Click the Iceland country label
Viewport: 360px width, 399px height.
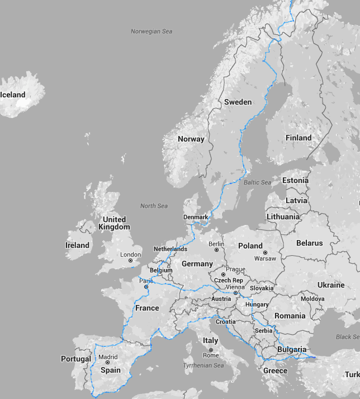tap(13, 95)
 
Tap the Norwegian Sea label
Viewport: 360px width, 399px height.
tap(151, 31)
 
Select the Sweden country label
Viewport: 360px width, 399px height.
tap(238, 102)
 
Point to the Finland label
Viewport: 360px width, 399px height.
tap(299, 138)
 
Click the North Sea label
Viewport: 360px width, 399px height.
tap(154, 206)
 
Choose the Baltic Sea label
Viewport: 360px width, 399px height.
tap(257, 182)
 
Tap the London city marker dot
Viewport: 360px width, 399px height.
tap(130, 260)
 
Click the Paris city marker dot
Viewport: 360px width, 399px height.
tap(146, 287)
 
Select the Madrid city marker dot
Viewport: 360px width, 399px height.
tap(108, 363)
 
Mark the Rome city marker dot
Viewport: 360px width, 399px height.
tap(211, 349)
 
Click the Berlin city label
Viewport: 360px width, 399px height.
tap(216, 244)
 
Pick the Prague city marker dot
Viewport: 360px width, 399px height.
tap(223, 275)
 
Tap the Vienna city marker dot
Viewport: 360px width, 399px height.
tap(235, 293)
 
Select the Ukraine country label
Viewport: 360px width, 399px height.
tap(331, 285)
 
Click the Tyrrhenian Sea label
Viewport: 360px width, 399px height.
tap(203, 365)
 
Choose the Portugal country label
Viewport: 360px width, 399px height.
tap(76, 359)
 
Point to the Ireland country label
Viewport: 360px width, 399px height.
tap(77, 245)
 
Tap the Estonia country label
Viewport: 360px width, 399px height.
tap(295, 180)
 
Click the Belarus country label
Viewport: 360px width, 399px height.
tap(309, 243)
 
